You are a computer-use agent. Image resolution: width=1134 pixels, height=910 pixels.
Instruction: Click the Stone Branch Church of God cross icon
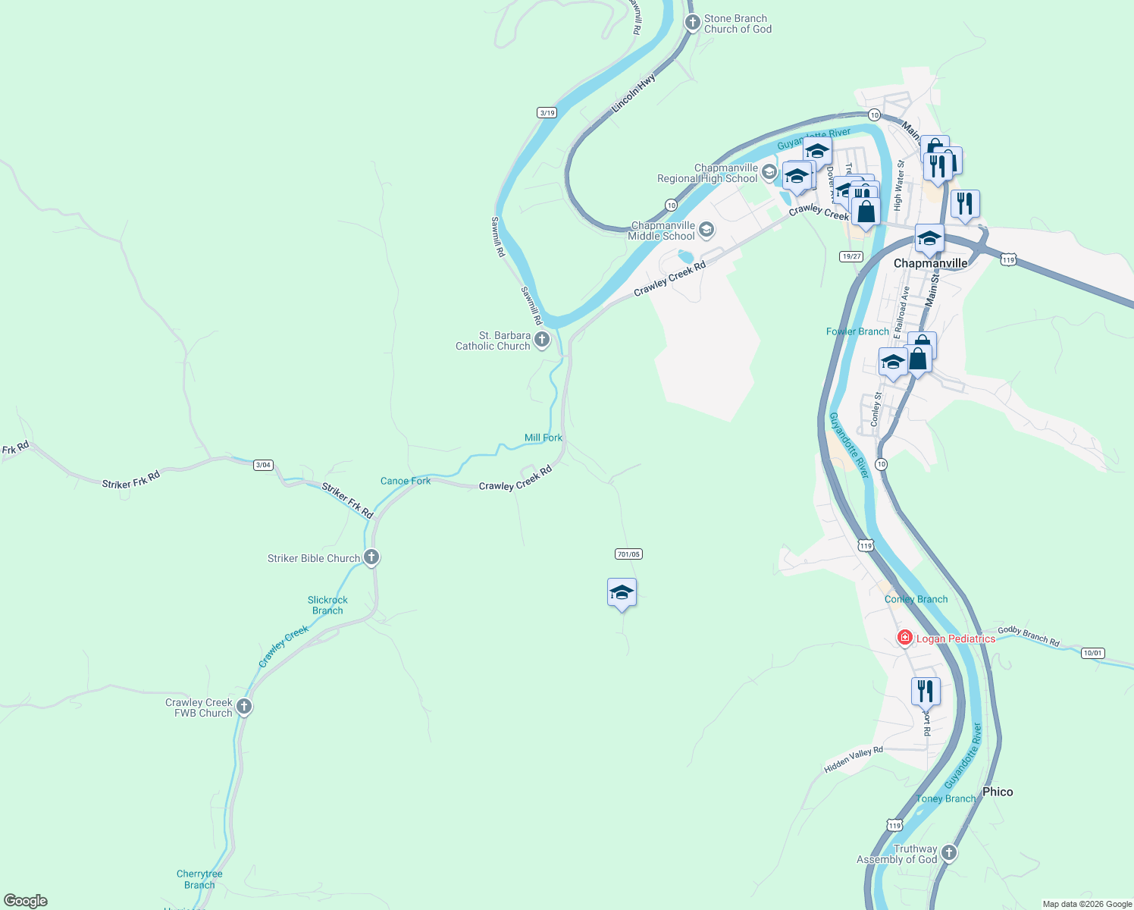692,23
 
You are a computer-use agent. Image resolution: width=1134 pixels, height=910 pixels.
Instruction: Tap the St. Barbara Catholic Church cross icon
542,340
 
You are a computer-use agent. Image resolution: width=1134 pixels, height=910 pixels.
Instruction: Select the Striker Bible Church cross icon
371,557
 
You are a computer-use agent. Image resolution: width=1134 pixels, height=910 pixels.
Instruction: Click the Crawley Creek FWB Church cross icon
244,707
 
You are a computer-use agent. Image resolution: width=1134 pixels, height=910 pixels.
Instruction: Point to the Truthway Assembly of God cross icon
948,853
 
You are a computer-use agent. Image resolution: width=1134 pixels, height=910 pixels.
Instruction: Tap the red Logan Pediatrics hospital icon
904,638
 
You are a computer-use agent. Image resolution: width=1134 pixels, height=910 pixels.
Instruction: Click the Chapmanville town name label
930,263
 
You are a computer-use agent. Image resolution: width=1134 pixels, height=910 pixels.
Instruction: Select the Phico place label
998,792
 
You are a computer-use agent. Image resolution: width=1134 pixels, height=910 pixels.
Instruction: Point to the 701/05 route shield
628,554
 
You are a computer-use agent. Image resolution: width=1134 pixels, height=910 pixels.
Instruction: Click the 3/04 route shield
263,465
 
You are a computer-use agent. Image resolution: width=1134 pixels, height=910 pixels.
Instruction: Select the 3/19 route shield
547,113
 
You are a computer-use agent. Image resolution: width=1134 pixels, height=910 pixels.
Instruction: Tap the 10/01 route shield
1092,653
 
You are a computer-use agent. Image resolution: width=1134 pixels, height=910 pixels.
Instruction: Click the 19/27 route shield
851,256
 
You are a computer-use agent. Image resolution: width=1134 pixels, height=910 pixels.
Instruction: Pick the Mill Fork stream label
544,438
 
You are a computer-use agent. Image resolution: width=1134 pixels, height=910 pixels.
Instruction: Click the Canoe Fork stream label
406,481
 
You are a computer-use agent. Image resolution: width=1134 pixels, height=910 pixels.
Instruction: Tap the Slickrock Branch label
327,605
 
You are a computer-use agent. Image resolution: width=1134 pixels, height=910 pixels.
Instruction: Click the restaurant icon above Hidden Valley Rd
926,691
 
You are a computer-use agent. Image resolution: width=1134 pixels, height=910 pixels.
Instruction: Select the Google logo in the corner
26,901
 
